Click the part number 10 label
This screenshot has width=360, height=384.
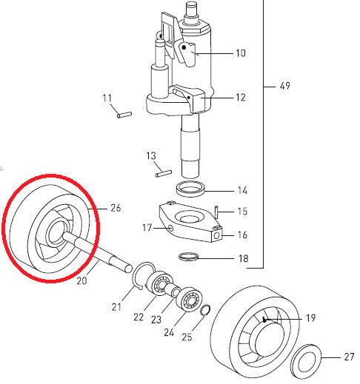click(240, 53)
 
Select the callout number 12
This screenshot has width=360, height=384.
click(240, 97)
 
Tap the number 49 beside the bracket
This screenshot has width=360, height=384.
click(285, 87)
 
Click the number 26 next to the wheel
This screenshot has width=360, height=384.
click(115, 208)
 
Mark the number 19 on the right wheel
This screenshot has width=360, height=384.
click(310, 318)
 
